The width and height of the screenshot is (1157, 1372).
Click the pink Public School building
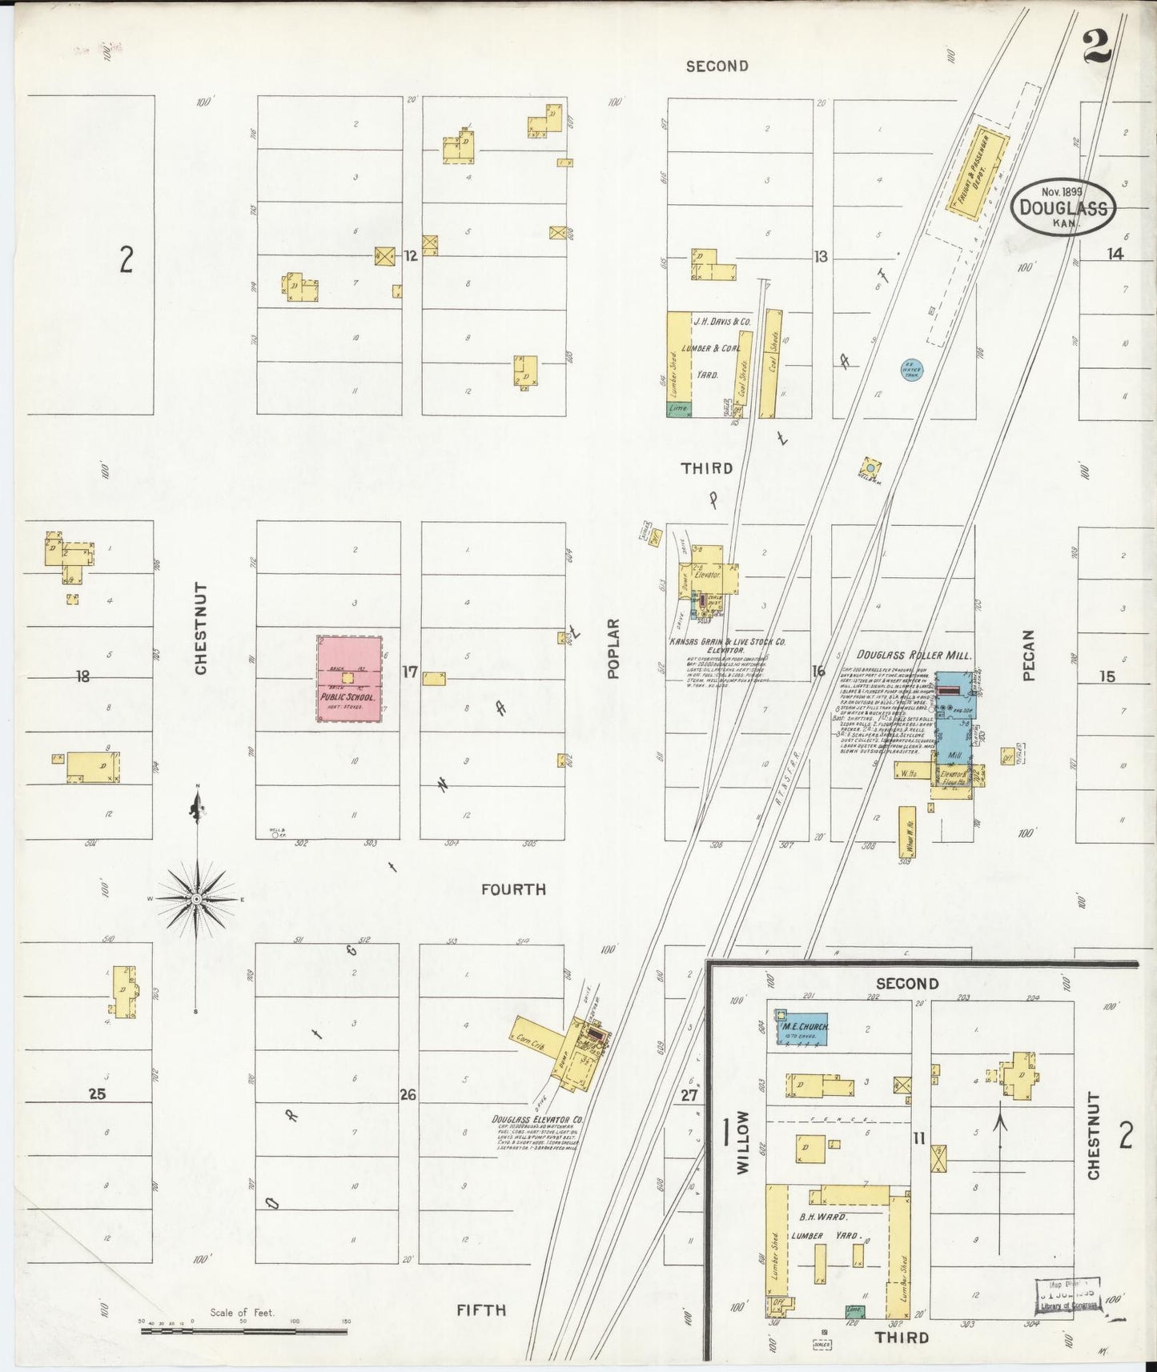[x=349, y=679]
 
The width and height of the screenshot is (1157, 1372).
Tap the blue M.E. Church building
[x=801, y=1027]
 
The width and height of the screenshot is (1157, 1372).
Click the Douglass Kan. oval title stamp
[x=1063, y=207]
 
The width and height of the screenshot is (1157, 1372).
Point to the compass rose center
[x=196, y=900]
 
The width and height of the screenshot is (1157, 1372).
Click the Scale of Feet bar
[x=243, y=1332]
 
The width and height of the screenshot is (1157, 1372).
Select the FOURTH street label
[x=513, y=889]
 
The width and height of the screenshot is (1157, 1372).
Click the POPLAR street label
[x=614, y=648]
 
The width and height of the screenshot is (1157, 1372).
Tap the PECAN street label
[x=1029, y=655]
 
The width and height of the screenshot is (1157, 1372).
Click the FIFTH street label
[x=481, y=1310]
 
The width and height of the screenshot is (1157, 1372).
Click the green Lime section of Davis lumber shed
[x=679, y=408]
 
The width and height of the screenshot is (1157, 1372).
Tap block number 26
[x=408, y=1094]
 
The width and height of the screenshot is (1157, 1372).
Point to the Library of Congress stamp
[x=1067, y=1295]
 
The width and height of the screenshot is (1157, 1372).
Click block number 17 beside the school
[x=409, y=672]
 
